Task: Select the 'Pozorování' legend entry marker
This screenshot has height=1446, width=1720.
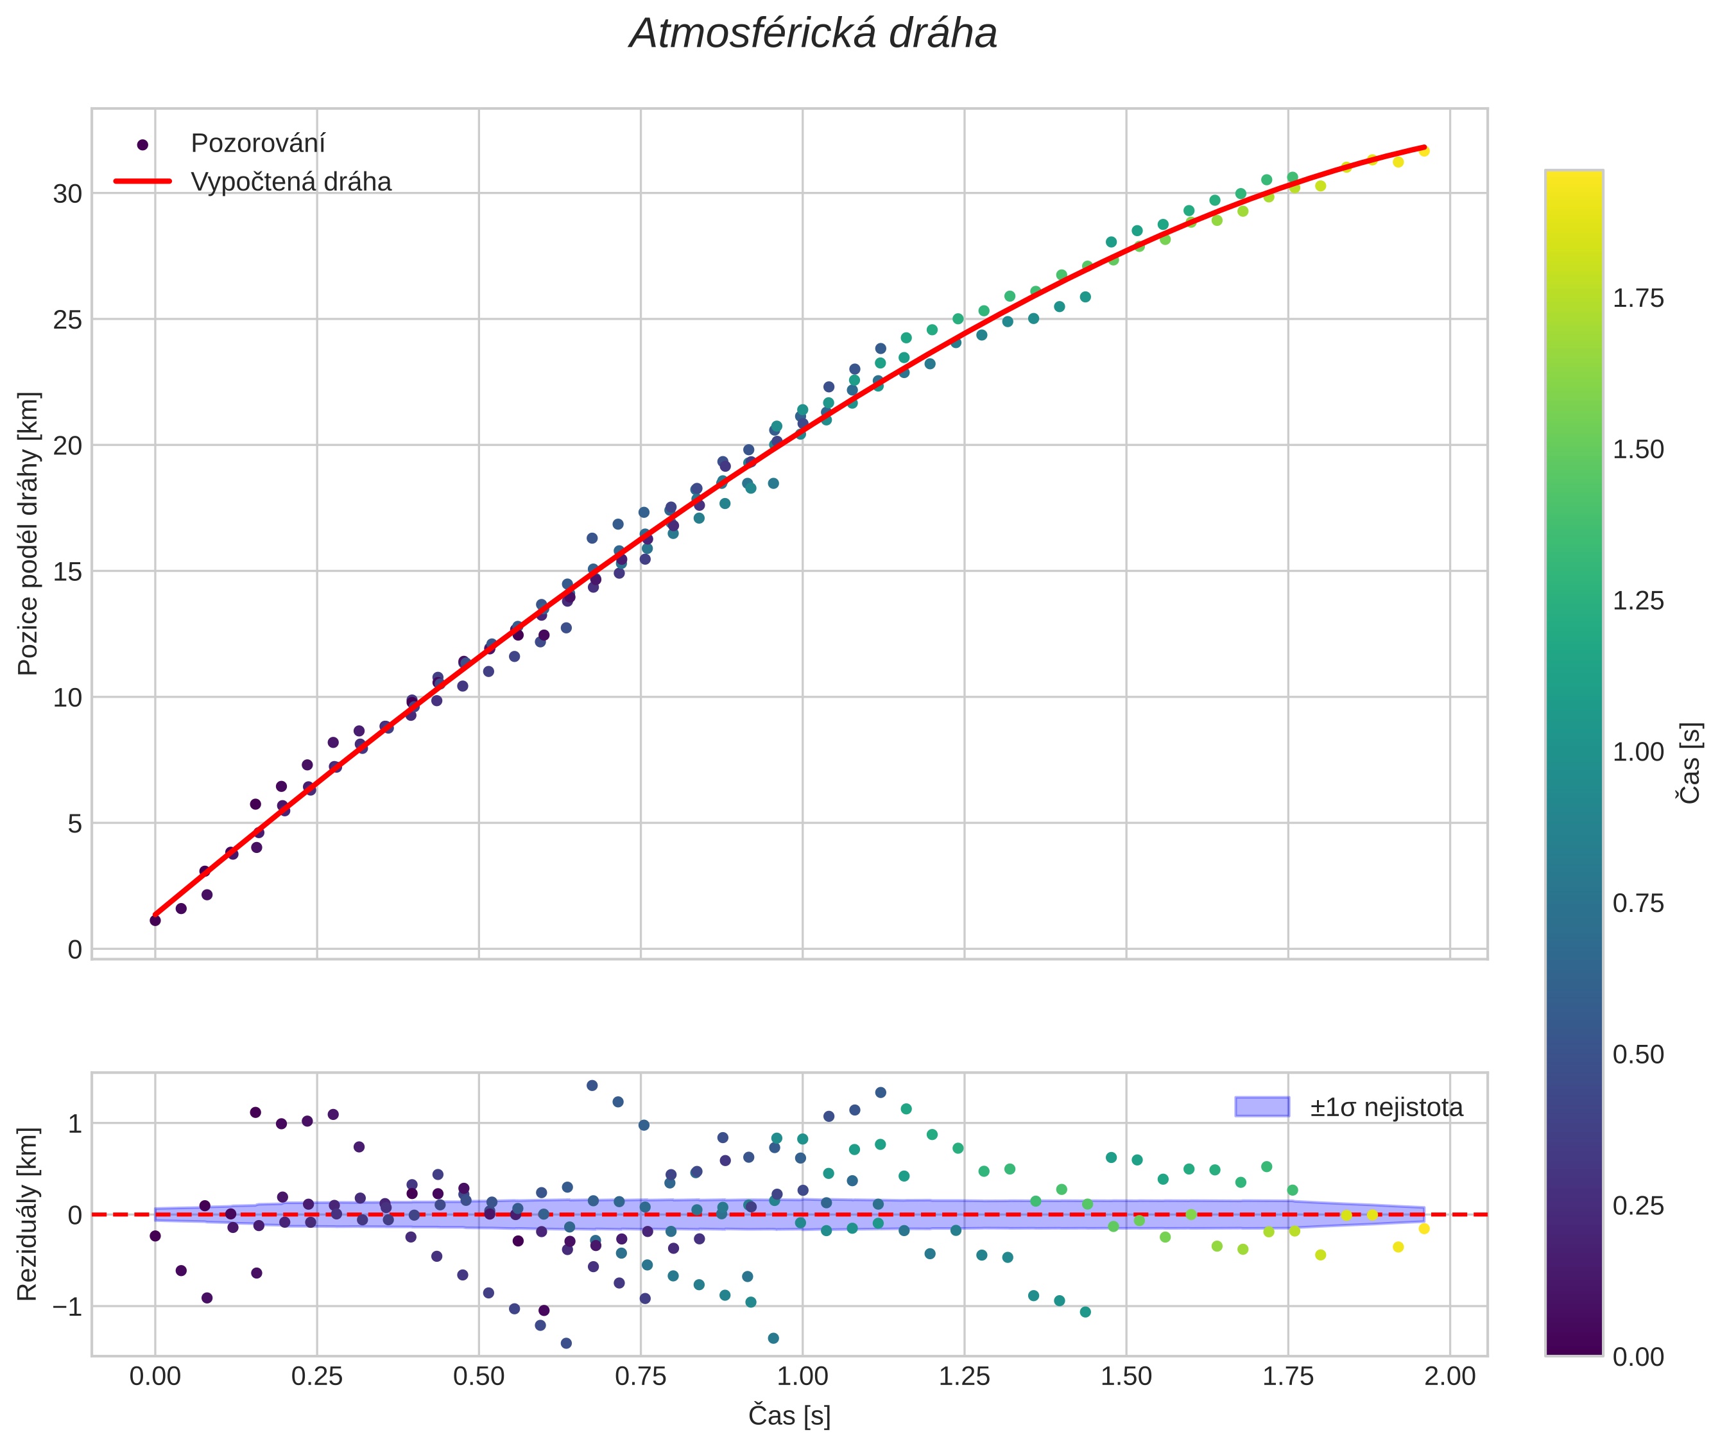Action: [x=142, y=144]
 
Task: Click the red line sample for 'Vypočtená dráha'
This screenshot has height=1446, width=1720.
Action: [x=142, y=181]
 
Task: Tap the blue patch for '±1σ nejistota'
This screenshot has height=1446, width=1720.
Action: [x=1262, y=1106]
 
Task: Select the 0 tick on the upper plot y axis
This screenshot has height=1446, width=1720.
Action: [x=76, y=950]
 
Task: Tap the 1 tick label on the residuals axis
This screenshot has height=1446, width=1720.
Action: [x=76, y=1124]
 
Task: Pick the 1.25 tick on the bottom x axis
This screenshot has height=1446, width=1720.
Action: [x=964, y=1376]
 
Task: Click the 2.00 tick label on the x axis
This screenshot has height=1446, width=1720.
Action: [x=1449, y=1376]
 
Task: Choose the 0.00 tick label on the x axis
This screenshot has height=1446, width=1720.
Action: [x=155, y=1376]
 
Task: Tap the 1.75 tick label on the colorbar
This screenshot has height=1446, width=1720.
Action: [x=1638, y=299]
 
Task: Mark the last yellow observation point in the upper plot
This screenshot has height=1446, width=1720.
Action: [x=1424, y=151]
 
